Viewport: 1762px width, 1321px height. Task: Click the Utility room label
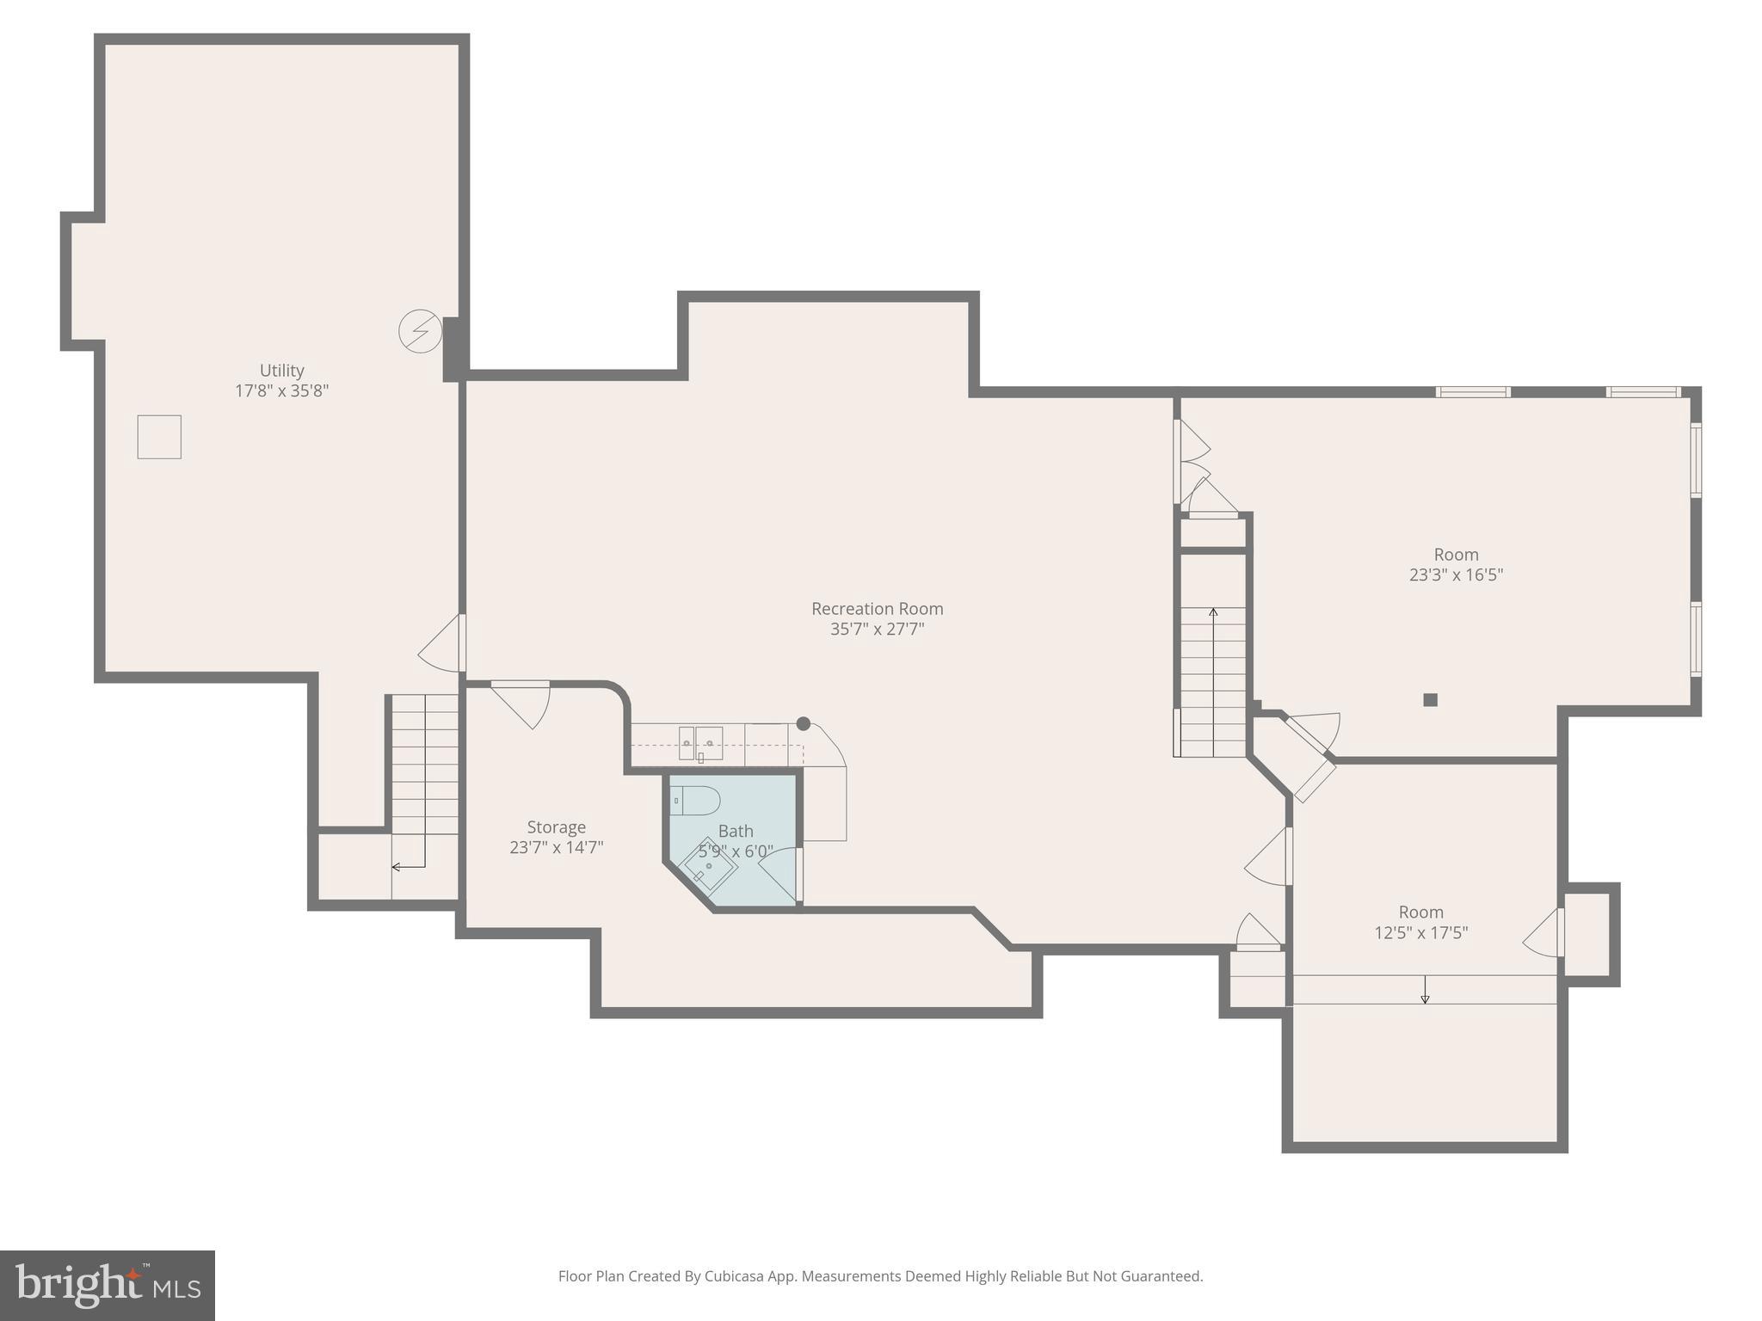281,370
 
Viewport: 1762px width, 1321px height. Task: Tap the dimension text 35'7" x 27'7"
877,629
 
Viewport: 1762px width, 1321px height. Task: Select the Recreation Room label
877,609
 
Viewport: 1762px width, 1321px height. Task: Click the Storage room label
556,827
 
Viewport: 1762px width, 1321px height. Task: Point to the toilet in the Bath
695,801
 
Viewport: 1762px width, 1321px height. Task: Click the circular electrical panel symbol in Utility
421,331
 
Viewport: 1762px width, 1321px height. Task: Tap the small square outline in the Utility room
159,437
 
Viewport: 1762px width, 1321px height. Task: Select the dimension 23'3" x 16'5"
1456,574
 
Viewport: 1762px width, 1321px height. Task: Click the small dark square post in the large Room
1430,700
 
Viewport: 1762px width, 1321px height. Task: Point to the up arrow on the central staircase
1213,613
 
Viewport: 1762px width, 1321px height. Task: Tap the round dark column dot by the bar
804,724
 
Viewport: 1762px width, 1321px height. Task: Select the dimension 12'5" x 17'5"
1420,932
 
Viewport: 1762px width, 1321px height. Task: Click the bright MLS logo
107,1285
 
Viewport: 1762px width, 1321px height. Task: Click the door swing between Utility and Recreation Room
442,645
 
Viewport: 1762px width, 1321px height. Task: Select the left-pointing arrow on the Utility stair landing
397,866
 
